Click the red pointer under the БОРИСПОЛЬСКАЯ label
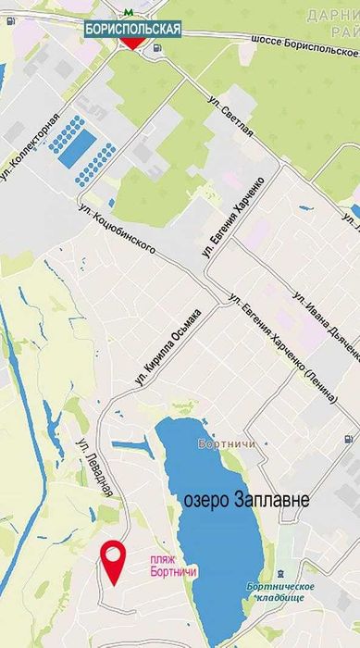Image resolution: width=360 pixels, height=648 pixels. click(132, 44)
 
